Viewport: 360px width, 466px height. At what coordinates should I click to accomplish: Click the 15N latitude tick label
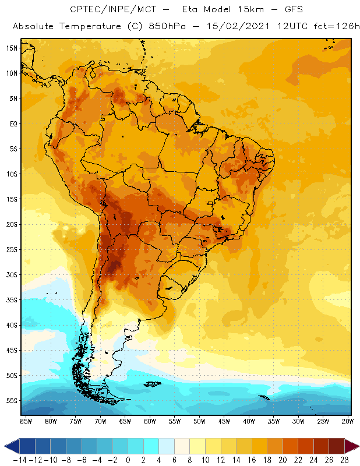[x=11, y=48]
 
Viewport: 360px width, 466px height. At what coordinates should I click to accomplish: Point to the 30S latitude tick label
[x=11, y=274]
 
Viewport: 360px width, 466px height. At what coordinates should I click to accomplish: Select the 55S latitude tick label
[x=11, y=401]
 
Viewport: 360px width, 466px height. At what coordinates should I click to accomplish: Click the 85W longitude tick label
[x=26, y=421]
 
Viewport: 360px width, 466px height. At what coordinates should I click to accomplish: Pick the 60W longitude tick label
[x=150, y=421]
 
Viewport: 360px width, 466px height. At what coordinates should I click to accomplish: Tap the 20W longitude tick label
[x=348, y=421]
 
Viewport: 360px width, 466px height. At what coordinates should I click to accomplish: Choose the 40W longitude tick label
[x=249, y=421]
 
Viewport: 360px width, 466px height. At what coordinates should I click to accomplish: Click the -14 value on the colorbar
[x=19, y=460]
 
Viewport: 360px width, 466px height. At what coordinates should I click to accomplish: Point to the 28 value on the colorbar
[x=345, y=460]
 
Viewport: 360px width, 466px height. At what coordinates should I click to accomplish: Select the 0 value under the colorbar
[x=128, y=460]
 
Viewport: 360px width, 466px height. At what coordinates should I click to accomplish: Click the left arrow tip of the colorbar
[x=5, y=446]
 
